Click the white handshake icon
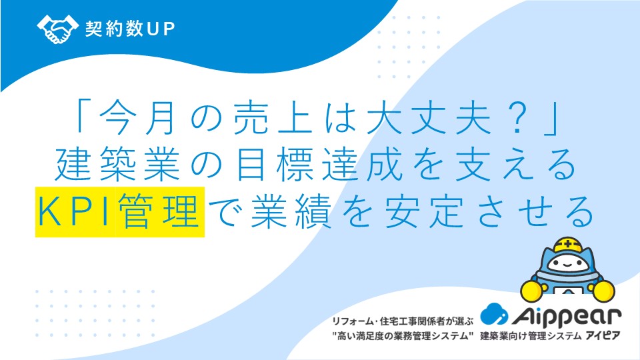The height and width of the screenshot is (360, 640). pyautogui.click(x=57, y=29)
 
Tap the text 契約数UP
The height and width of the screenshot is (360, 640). pyautogui.click(x=130, y=29)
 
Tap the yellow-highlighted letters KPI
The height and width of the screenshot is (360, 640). pyautogui.click(x=74, y=211)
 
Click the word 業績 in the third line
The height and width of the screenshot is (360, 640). pyautogui.click(x=291, y=211)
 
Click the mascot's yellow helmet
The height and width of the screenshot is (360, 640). pyautogui.click(x=567, y=245)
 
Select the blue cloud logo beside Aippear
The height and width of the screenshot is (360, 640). pyautogui.click(x=494, y=314)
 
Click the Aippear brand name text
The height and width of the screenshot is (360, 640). pyautogui.click(x=567, y=317)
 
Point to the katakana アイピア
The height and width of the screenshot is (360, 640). pyautogui.click(x=603, y=336)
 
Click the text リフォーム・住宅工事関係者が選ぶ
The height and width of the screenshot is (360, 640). pyautogui.click(x=403, y=321)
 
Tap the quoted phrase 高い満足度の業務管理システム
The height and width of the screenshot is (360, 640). pyautogui.click(x=403, y=336)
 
